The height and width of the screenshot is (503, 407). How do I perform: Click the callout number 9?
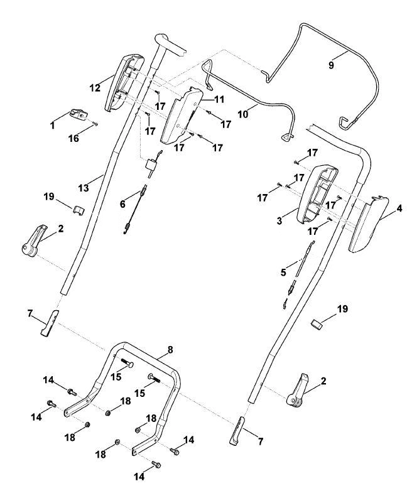[x=331, y=65]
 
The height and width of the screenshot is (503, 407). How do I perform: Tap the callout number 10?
[x=243, y=114]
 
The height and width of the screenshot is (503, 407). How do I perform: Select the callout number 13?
[x=84, y=188]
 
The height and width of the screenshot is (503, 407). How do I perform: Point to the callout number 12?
[x=95, y=87]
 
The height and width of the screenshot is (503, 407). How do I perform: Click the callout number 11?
[x=219, y=99]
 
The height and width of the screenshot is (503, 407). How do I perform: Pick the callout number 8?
[x=170, y=350]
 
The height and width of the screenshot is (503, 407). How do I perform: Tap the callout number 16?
[x=73, y=138]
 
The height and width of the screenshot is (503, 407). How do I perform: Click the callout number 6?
[x=122, y=204]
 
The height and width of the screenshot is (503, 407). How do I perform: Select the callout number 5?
[x=283, y=273]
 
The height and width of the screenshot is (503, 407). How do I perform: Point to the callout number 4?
[x=399, y=208]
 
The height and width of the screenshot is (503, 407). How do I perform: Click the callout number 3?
[x=279, y=221]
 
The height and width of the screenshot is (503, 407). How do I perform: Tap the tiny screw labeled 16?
[x=95, y=124]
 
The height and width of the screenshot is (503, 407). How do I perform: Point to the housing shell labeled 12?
[x=124, y=83]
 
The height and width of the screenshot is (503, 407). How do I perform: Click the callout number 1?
[x=52, y=126]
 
